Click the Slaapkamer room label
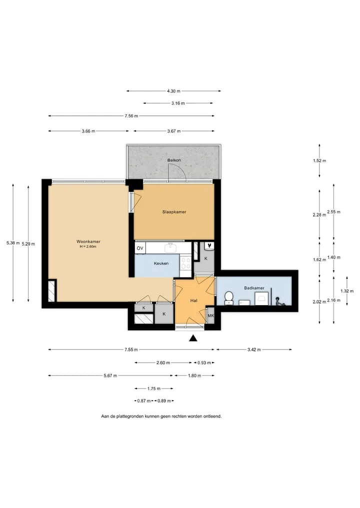tap(174, 212)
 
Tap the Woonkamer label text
tap(88, 241)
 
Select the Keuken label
tap(161, 263)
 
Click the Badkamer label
tap(254, 288)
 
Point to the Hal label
tap(194, 301)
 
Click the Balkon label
tap(174, 160)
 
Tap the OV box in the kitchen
tap(140, 248)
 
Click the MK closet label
tap(211, 316)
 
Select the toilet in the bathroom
tap(229, 298)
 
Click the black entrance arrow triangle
tap(193, 339)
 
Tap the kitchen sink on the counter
tap(170, 248)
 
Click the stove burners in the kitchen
tap(186, 263)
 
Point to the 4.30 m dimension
tap(174, 91)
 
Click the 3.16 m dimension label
tap(178, 103)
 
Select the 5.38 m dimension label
tap(13, 243)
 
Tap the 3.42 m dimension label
tap(254, 350)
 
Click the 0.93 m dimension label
tap(204, 363)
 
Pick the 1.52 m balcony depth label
tap(320, 161)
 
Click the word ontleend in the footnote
tap(212, 416)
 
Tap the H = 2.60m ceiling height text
tap(88, 247)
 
